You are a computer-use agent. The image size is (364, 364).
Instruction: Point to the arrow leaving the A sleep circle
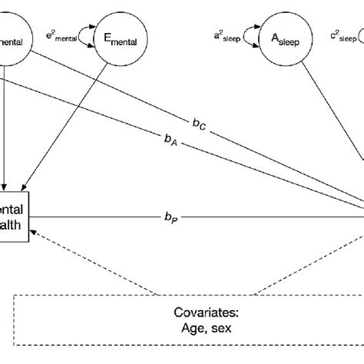coord(330,123)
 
